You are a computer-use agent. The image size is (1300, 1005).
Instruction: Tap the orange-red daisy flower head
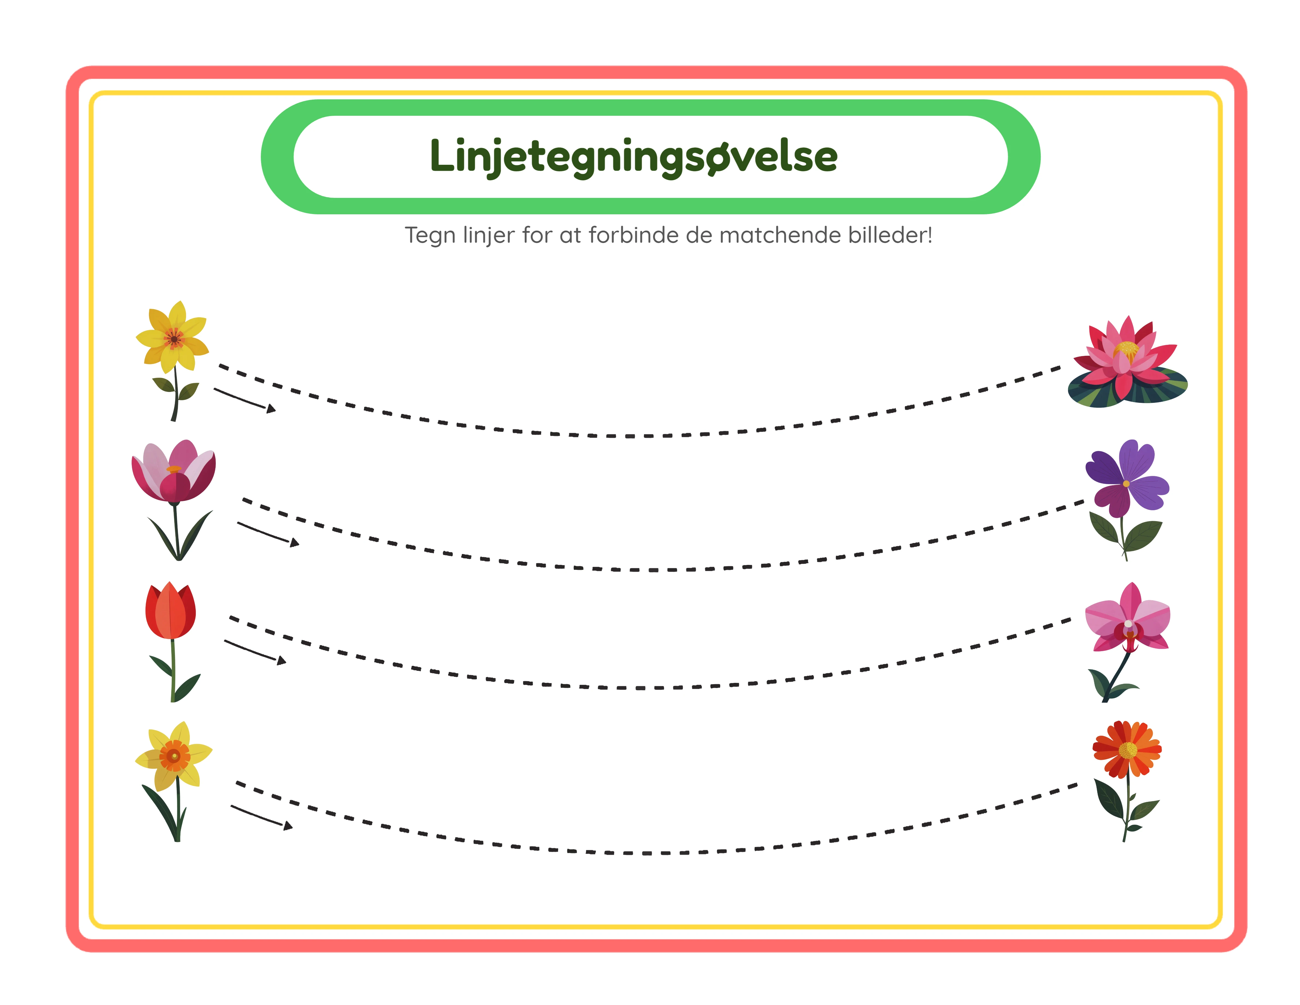pos(1127,749)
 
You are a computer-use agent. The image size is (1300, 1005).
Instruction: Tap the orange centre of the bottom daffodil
pos(174,756)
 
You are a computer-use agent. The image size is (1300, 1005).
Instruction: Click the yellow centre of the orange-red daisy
pos(1127,750)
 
